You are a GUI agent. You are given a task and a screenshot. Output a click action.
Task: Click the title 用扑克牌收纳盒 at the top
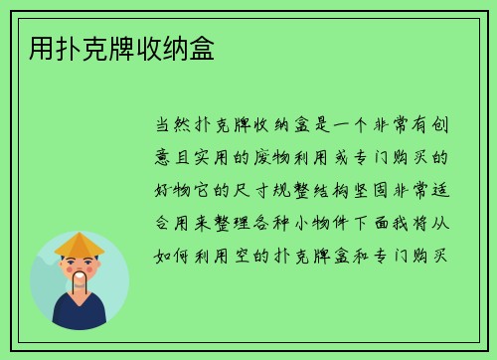114,47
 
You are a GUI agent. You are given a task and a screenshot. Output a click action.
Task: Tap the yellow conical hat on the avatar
80,244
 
